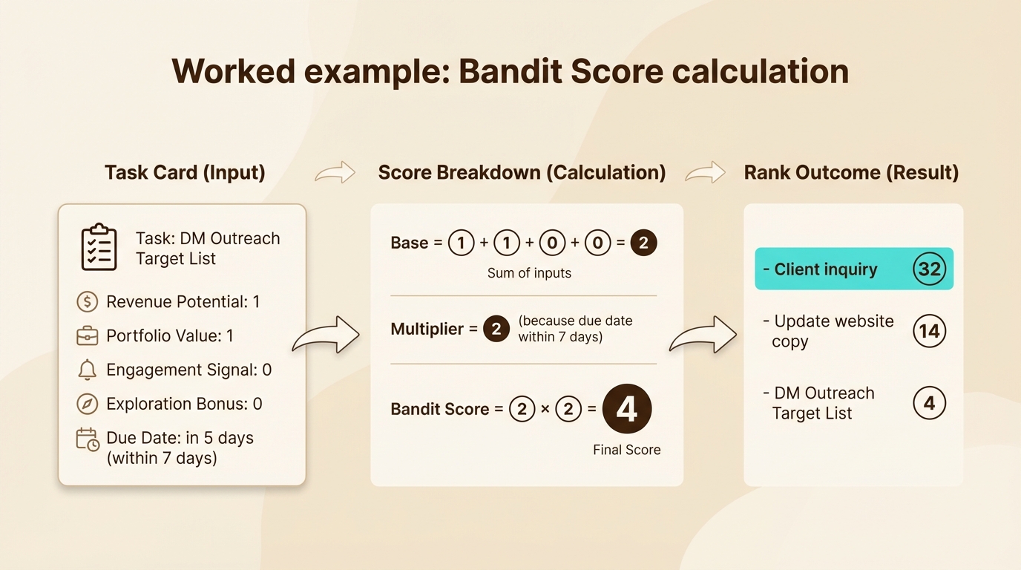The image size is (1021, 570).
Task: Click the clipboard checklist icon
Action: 99,247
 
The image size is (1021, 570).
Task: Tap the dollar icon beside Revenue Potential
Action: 88,302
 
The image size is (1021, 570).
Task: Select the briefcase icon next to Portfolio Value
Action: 88,336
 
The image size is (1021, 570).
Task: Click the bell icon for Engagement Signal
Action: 88,370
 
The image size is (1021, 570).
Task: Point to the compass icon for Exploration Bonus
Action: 88,404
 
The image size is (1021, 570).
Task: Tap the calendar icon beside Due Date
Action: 88,439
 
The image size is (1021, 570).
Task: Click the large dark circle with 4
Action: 626,409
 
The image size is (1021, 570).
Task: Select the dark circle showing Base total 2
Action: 643,243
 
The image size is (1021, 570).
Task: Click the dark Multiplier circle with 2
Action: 496,329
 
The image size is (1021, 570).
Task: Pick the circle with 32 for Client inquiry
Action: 929,269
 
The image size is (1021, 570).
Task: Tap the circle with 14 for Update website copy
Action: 929,331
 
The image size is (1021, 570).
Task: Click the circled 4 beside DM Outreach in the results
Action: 929,404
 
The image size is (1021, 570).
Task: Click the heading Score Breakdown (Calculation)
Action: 522,173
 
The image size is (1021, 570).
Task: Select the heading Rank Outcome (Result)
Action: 851,173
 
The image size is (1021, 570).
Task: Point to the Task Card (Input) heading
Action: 185,173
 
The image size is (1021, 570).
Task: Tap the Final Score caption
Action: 626,450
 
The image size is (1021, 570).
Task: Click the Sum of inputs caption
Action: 529,273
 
